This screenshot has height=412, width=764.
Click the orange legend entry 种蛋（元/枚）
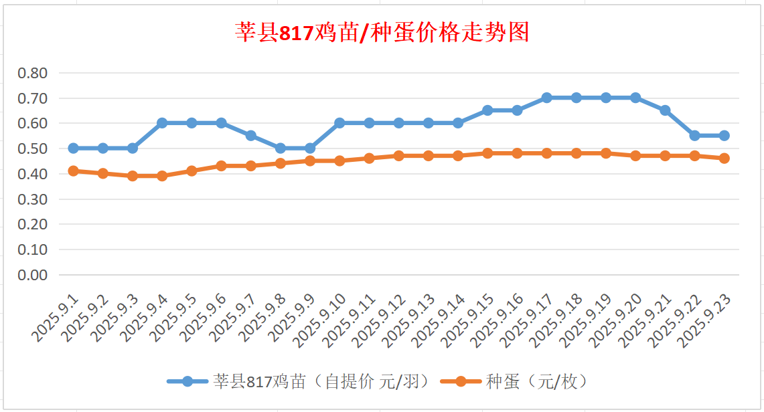pyautogui.click(x=536, y=381)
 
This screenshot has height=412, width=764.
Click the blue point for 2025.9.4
pyautogui.click(x=162, y=123)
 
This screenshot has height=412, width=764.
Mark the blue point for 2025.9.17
pyautogui.click(x=546, y=98)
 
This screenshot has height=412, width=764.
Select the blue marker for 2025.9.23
pyautogui.click(x=724, y=135)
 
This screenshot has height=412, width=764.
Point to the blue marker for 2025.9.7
pyautogui.click(x=250, y=135)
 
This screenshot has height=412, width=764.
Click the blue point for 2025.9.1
pyautogui.click(x=73, y=148)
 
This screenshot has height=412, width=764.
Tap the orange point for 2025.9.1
pyautogui.click(x=73, y=171)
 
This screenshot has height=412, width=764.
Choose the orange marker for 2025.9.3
pyautogui.click(x=133, y=176)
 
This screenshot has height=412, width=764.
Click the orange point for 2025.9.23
pyautogui.click(x=724, y=158)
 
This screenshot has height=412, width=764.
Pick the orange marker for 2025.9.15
pyautogui.click(x=487, y=153)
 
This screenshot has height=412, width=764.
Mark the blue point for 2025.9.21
pyautogui.click(x=665, y=110)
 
